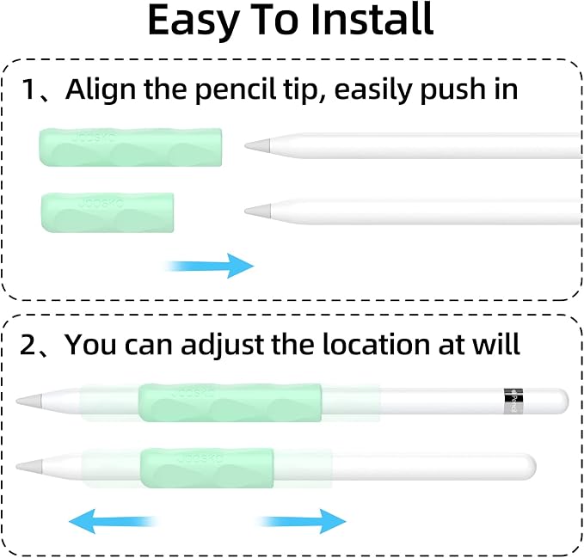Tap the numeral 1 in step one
(x=28, y=89)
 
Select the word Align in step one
(x=101, y=89)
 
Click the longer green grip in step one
(x=131, y=147)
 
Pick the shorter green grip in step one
(x=108, y=212)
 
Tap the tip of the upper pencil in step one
(x=246, y=145)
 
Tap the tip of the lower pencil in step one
(x=246, y=212)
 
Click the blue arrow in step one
(x=210, y=266)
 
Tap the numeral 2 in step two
(x=28, y=344)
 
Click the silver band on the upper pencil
(x=513, y=401)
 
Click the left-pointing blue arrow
(x=112, y=522)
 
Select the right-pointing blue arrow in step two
(x=303, y=522)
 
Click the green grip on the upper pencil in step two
(x=230, y=402)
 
